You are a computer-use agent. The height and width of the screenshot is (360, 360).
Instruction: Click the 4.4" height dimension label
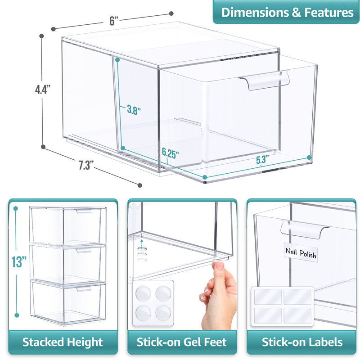(43, 89)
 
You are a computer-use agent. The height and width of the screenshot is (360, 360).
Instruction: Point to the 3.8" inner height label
(134, 109)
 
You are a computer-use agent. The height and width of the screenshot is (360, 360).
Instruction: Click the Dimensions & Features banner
(287, 12)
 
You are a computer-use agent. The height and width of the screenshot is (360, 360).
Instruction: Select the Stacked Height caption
(63, 342)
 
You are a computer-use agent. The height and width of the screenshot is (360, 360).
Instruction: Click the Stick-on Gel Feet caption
(182, 342)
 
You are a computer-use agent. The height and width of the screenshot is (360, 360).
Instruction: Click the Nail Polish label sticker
(301, 253)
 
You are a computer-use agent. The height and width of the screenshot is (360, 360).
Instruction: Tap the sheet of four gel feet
(153, 302)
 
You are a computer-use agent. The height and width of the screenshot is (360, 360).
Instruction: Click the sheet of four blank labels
(282, 305)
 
